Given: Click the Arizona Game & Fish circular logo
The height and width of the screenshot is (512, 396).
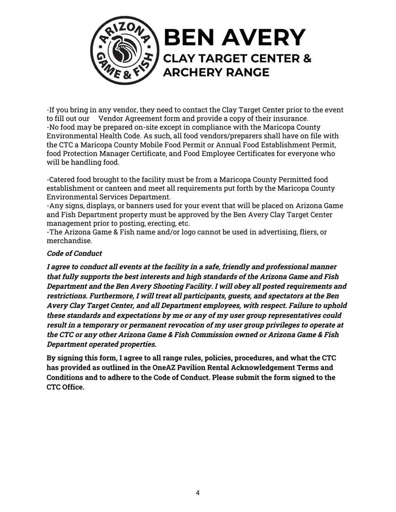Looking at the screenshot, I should click(x=125, y=50).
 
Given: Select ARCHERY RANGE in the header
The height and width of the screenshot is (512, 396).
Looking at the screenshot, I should click(x=216, y=72).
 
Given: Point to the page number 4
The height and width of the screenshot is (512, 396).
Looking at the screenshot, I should click(x=198, y=493).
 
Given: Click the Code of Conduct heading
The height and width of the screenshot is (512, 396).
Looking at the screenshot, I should click(x=74, y=254).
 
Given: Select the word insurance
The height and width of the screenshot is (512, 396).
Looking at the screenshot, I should click(x=291, y=119).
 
